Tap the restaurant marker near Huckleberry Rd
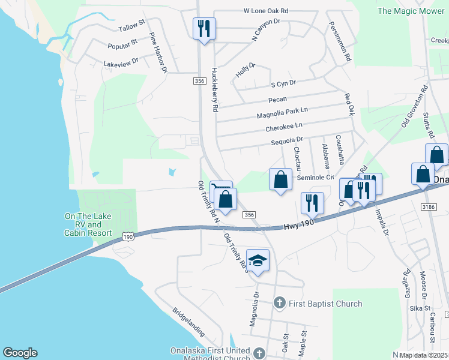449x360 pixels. coord(204,29)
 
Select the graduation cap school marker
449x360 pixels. coord(258,260)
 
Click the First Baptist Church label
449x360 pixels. coord(324,304)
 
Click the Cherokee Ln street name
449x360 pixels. coord(284,127)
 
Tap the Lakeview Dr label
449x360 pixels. coord(121,61)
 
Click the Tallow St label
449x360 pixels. coord(133,26)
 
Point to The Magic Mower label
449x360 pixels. coord(411,11)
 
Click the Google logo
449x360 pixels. coord(20,353)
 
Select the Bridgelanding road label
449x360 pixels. coord(188,322)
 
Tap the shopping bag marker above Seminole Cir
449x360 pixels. coord(280,179)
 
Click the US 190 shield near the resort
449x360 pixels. coord(128,237)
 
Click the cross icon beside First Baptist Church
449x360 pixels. coord(279,303)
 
